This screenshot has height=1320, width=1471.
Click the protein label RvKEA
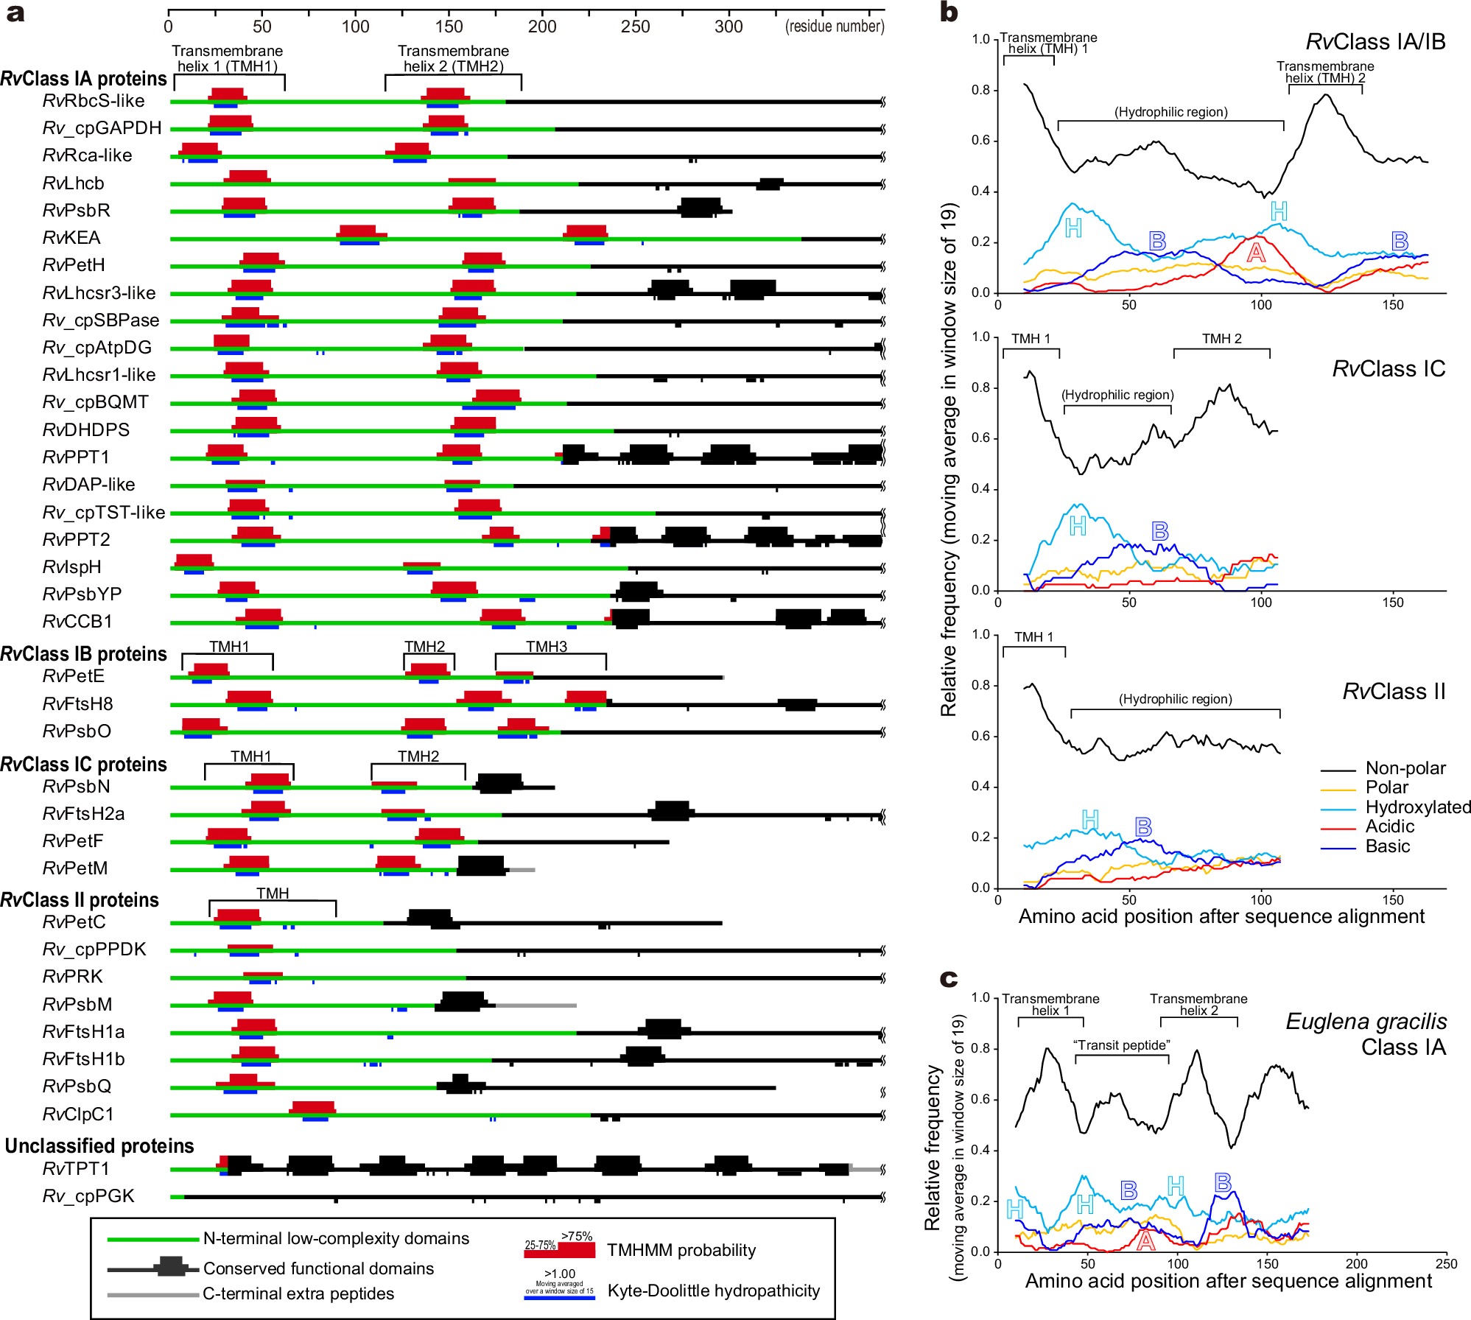[71, 238]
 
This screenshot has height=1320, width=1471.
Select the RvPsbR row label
[76, 211]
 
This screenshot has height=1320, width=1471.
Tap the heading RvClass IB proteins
[83, 654]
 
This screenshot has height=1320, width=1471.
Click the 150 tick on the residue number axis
[449, 27]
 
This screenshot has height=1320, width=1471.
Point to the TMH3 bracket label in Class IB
[546, 647]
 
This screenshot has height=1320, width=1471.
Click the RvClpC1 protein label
[78, 1114]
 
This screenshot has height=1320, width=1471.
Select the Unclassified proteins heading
[99, 1146]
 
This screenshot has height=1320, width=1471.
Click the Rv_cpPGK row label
[88, 1196]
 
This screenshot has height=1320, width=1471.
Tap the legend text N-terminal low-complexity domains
[336, 1239]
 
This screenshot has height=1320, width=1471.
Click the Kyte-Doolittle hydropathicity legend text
[713, 1291]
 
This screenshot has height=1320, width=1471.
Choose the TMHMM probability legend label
[681, 1250]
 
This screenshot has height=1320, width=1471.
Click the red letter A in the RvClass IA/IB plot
[1256, 253]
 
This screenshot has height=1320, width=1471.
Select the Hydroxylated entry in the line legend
[1417, 807]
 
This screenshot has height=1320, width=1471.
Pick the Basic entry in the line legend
[1387, 846]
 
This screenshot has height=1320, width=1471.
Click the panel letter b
[949, 13]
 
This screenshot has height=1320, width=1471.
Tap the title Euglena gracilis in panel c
[1366, 1022]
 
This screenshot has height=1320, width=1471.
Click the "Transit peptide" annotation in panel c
[1121, 1045]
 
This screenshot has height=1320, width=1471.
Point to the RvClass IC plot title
[1389, 369]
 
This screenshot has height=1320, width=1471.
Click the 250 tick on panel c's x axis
[1446, 1264]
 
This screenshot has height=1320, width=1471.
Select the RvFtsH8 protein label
[77, 704]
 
